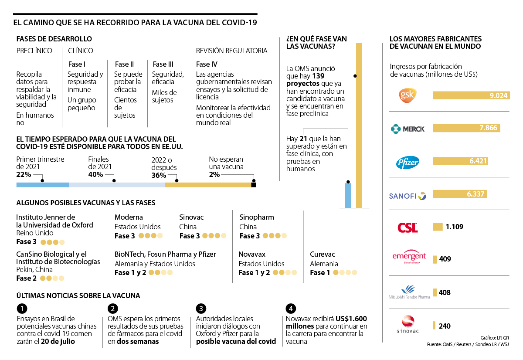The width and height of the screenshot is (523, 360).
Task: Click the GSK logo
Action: coord(408,95)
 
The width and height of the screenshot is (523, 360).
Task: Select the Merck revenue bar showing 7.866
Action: coord(466,128)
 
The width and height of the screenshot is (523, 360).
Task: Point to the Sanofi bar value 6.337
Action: coord(475,194)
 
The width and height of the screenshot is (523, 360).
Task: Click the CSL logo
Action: coord(408,227)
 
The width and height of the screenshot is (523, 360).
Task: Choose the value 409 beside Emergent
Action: coord(445,259)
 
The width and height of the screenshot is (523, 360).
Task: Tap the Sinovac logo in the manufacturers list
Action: coord(408,326)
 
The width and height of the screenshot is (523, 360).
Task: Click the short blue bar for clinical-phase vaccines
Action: coord(348,195)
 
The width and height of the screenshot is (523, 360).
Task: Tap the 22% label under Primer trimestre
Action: coord(24,175)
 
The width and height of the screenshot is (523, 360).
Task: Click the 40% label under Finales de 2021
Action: coord(95,175)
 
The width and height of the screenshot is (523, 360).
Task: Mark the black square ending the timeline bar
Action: coord(254,185)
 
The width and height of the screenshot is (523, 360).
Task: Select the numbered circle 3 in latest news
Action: coord(200,309)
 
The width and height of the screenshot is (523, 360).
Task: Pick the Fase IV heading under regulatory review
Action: coord(207,65)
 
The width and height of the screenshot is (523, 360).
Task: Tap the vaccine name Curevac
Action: coord(323,254)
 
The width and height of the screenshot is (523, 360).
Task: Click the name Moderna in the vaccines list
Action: coord(129,217)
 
